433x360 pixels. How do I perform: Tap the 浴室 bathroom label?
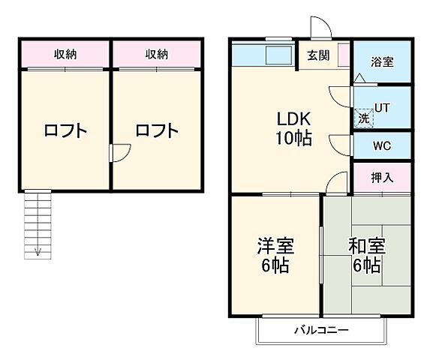pyautogui.click(x=382, y=62)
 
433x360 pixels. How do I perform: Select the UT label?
pyautogui.click(x=382, y=108)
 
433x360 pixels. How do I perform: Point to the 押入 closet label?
pyautogui.click(x=382, y=178)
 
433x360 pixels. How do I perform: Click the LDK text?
pyautogui.click(x=293, y=120)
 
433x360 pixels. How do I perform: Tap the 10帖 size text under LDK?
pyautogui.click(x=293, y=139)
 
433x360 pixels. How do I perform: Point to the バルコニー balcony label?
pyautogui.click(x=320, y=330)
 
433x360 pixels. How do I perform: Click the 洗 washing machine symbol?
pyautogui.click(x=363, y=118)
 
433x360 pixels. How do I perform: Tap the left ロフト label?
pyautogui.click(x=65, y=130)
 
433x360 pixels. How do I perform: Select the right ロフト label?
pyautogui.click(x=157, y=130)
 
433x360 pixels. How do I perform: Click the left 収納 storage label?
pyautogui.click(x=65, y=54)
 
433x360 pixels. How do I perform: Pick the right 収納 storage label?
pyautogui.click(x=157, y=54)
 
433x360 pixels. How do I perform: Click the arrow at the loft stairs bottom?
pyautogui.click(x=35, y=251)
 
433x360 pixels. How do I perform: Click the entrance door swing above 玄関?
pyautogui.click(x=320, y=28)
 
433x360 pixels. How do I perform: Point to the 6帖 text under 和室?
pyautogui.click(x=366, y=266)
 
